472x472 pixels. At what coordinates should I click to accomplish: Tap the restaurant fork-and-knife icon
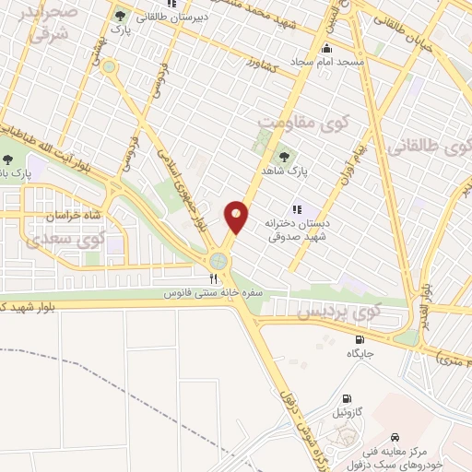214,277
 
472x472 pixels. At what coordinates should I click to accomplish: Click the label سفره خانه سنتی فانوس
214,292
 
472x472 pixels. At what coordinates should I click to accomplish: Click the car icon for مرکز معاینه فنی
395,435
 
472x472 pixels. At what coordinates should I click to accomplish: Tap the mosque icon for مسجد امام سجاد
325,49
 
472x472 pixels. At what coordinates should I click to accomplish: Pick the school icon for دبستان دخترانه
297,208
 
